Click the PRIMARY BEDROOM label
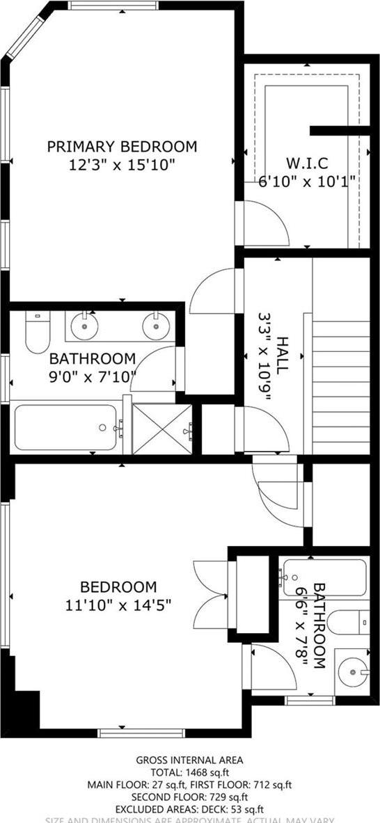122,147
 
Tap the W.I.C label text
307,163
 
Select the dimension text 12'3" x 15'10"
122,166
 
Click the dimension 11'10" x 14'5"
118,605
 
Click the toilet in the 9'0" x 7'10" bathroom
35,333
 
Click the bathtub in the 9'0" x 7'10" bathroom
66,428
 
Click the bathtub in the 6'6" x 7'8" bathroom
323,577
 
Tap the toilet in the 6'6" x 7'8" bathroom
348,621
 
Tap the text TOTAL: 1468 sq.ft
189,772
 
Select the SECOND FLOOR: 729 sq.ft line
189,797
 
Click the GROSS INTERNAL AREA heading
189,760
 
